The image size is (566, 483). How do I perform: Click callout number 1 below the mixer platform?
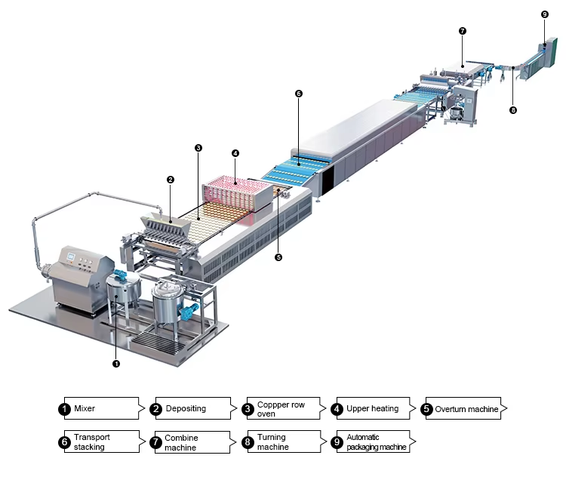point(116,364)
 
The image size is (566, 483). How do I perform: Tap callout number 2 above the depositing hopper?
point(171,180)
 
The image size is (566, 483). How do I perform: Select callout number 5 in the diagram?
point(278,257)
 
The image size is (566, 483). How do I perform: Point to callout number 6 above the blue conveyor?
point(299,94)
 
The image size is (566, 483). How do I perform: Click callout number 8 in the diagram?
point(513,110)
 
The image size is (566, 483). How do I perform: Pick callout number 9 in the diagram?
point(545,14)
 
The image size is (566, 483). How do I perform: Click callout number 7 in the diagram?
point(463,31)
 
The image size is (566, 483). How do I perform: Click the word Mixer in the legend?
point(85,408)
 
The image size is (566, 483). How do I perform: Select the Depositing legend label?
point(186,408)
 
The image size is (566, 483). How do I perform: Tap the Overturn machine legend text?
point(466,409)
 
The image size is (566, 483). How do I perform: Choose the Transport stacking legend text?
point(91,441)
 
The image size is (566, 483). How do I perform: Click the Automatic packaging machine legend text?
point(376,441)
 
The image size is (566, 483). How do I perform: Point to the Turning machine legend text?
point(273,441)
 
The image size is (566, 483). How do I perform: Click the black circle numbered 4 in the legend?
point(337,408)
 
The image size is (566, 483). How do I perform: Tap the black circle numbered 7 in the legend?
point(155,442)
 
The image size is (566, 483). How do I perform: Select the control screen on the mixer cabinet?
point(71,257)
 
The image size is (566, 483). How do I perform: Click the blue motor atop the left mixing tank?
point(119,274)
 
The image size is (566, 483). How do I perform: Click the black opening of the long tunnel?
point(328,180)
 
